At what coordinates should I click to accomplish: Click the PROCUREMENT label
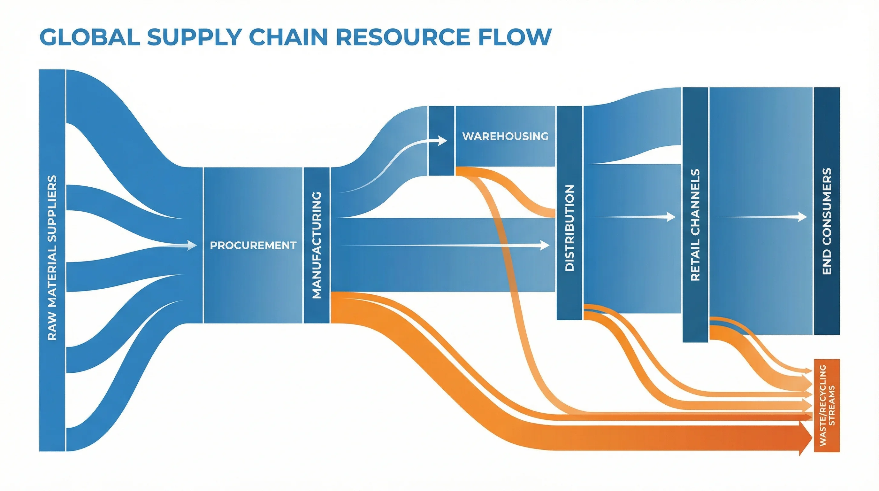tap(253, 245)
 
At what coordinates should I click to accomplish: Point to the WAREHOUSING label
tap(505, 136)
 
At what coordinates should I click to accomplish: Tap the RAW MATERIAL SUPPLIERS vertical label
tap(52, 258)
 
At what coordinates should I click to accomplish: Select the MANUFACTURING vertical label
tap(317, 245)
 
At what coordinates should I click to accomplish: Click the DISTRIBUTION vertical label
tap(569, 228)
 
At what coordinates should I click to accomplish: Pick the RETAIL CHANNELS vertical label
tap(695, 225)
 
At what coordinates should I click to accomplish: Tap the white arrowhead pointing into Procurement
tap(192, 245)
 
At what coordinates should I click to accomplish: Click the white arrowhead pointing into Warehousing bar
tap(443, 140)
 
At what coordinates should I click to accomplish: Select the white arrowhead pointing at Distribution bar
tap(545, 245)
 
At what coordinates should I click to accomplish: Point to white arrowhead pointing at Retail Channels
tap(671, 216)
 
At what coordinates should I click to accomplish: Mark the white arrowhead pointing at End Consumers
tap(803, 216)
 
